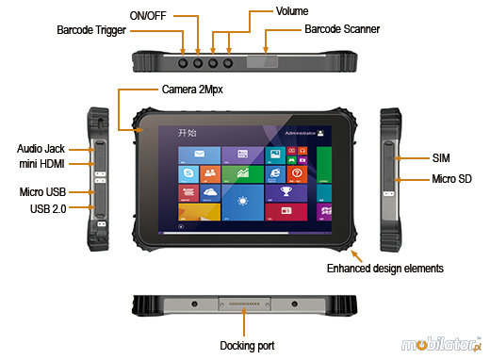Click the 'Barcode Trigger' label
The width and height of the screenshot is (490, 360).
coord(90,30)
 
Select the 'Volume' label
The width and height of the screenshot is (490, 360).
coord(291,10)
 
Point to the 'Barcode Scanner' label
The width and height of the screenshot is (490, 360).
coord(342,29)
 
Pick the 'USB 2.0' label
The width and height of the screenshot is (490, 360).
coord(41,208)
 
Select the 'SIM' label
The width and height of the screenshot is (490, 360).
coord(441,157)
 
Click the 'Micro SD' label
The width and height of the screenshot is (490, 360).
coord(450,178)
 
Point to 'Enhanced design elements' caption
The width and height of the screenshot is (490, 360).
coord(384,269)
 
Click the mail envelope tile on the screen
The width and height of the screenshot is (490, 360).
coord(200,154)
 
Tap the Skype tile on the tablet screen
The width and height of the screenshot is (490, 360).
coord(189,173)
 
